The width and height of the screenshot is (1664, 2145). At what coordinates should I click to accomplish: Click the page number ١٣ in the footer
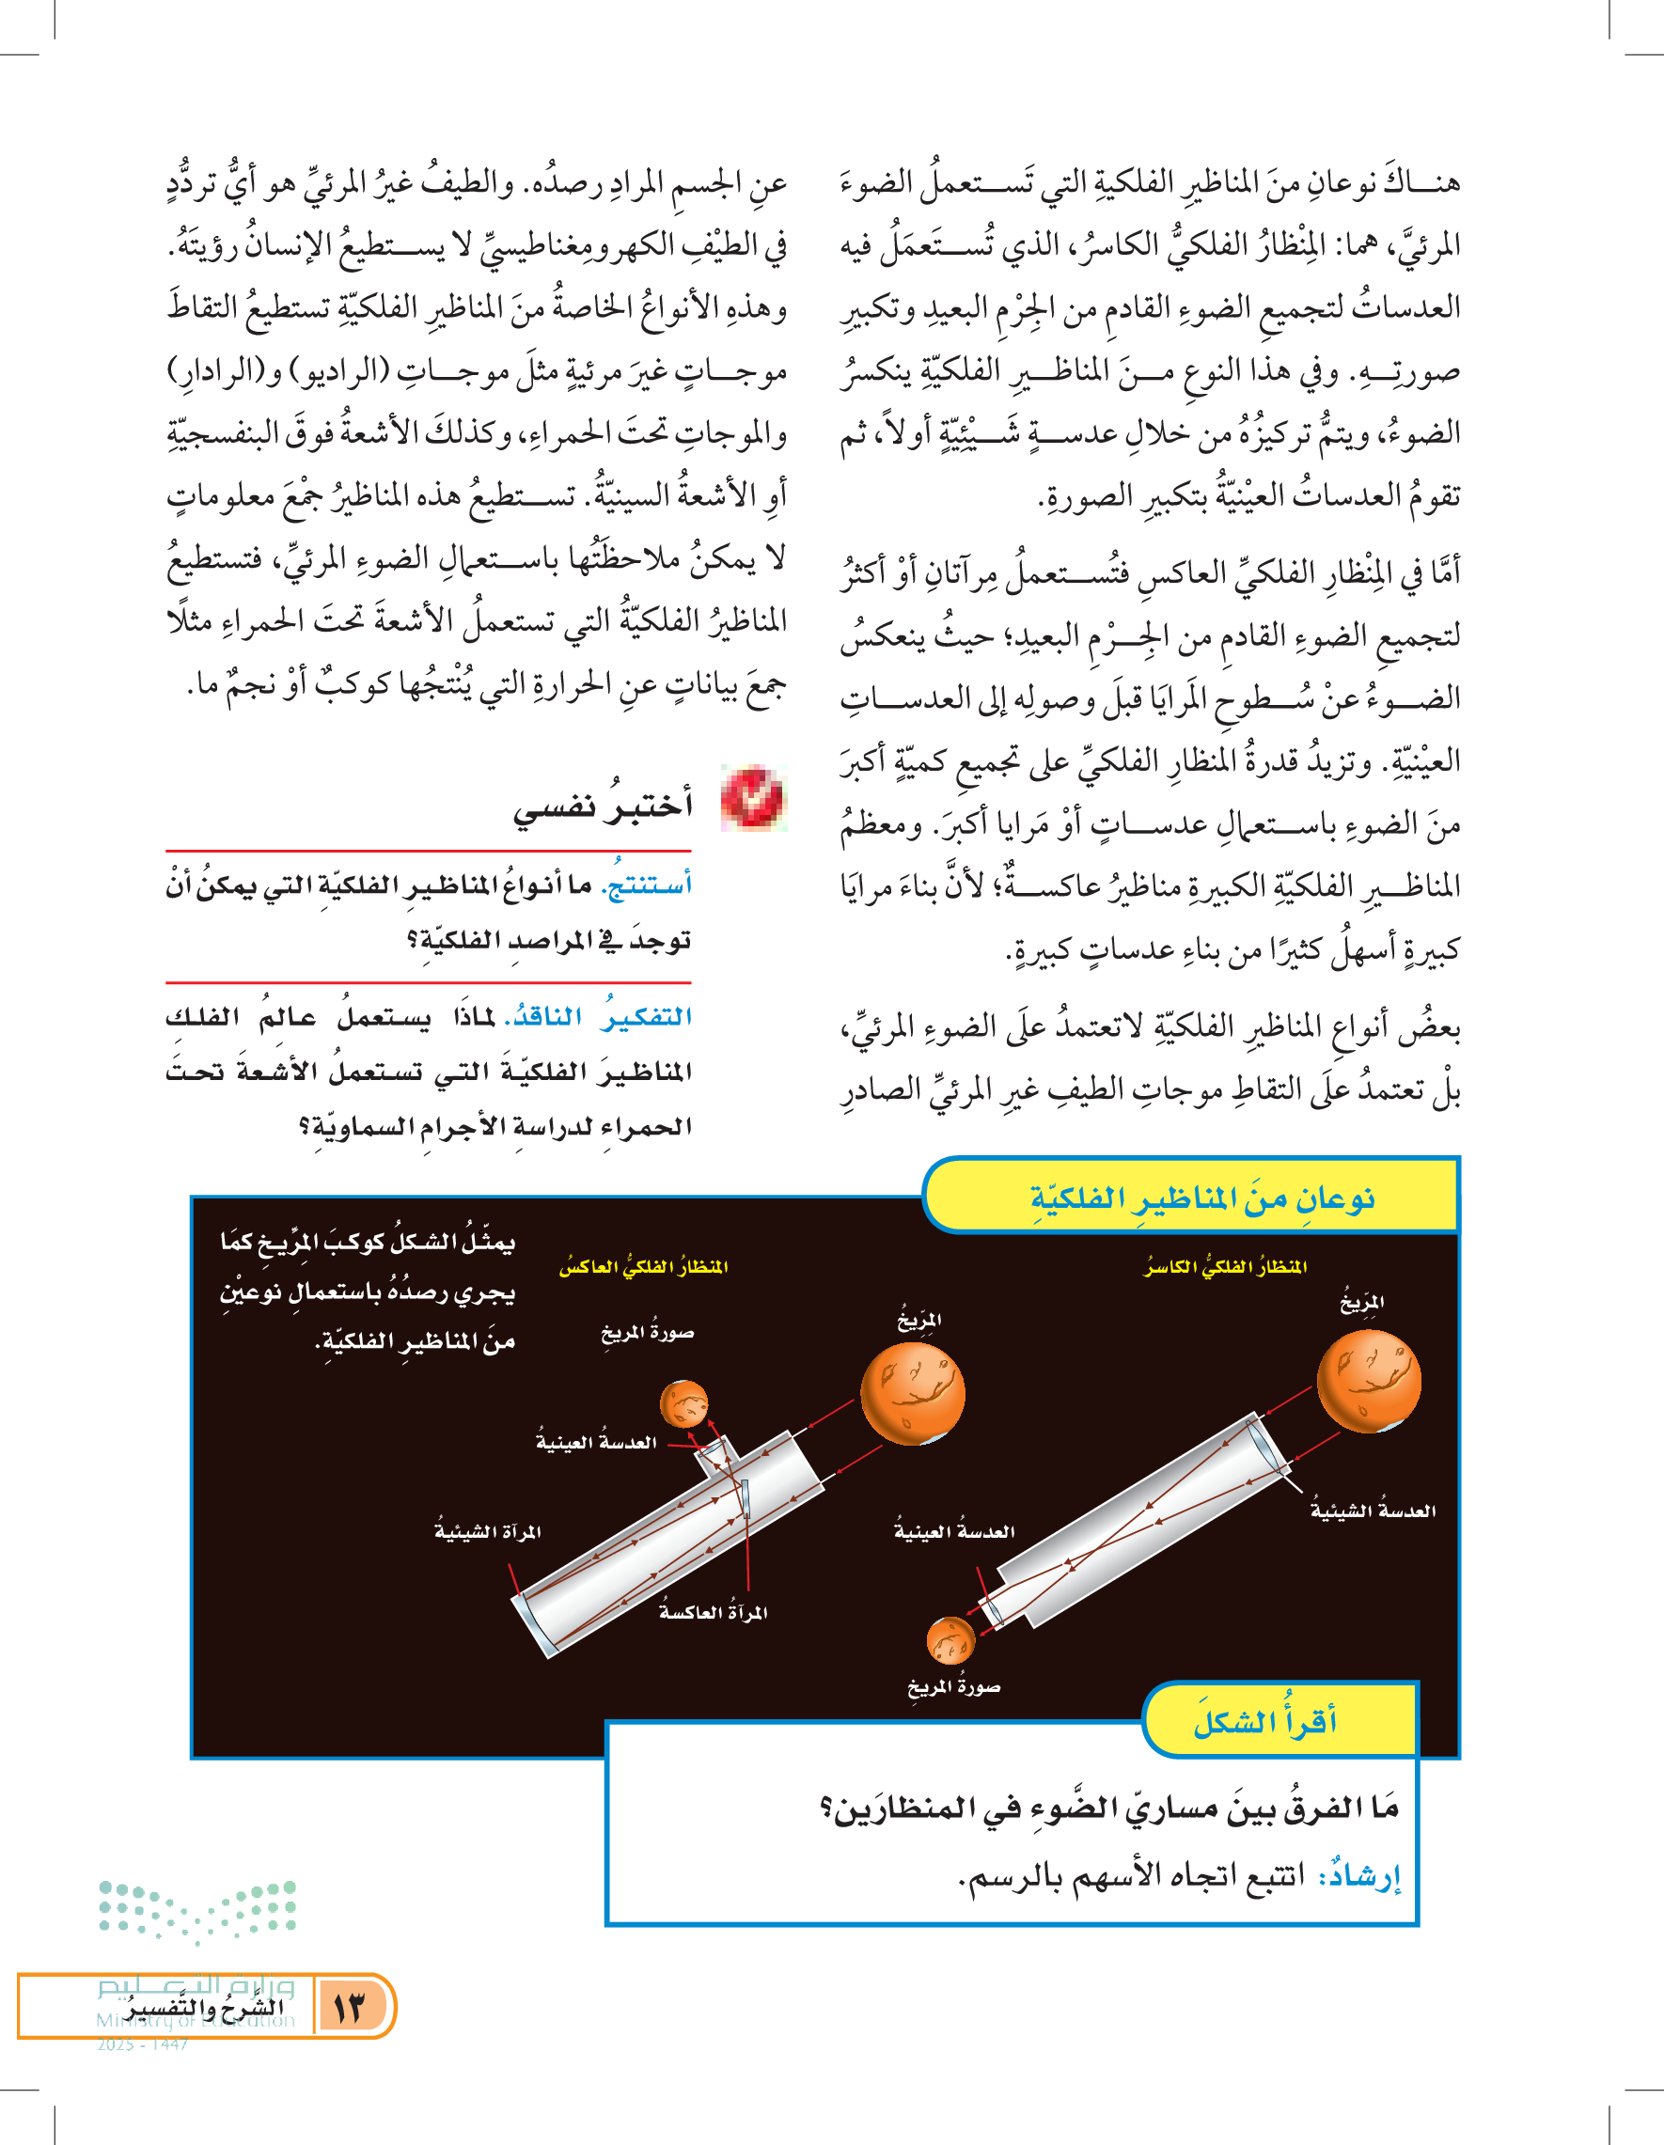point(349,2007)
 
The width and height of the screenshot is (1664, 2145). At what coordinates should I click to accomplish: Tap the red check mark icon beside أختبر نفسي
point(752,797)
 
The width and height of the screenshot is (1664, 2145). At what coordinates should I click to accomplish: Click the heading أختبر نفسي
point(603,806)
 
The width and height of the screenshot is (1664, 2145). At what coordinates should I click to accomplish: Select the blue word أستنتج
point(649,885)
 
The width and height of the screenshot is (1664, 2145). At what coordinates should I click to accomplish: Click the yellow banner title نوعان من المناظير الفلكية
point(1201,1198)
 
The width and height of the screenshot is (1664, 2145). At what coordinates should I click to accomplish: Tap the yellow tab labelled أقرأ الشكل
point(1265,1722)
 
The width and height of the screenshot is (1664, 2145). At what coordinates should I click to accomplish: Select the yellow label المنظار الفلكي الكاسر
point(1226,1267)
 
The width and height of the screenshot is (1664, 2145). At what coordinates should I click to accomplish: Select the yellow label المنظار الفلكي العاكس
point(643,1267)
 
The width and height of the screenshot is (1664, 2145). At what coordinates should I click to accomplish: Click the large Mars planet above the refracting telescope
point(1368,1381)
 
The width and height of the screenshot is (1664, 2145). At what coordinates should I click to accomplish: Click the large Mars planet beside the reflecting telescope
point(913,1394)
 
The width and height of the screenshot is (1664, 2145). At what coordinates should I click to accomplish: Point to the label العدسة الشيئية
point(1373,1511)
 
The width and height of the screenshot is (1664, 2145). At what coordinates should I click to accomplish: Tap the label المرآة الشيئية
point(488,1532)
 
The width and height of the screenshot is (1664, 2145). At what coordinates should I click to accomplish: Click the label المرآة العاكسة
point(714,1612)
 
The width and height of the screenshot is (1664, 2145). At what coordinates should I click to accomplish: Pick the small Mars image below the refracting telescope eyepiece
point(950,1640)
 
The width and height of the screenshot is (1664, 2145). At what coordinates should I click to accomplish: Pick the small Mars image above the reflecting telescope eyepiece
point(683,1403)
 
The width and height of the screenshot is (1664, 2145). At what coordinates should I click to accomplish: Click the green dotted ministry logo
point(197,1910)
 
